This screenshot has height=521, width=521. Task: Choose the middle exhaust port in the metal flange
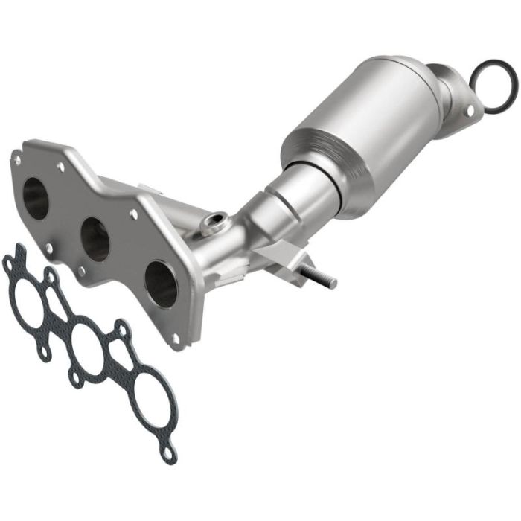(95, 239)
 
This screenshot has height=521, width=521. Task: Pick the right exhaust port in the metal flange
(161, 284)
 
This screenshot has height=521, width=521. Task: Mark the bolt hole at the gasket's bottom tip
(170, 452)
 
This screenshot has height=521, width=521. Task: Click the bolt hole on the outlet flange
(469, 111)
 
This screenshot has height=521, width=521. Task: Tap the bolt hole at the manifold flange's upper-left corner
(16, 157)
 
